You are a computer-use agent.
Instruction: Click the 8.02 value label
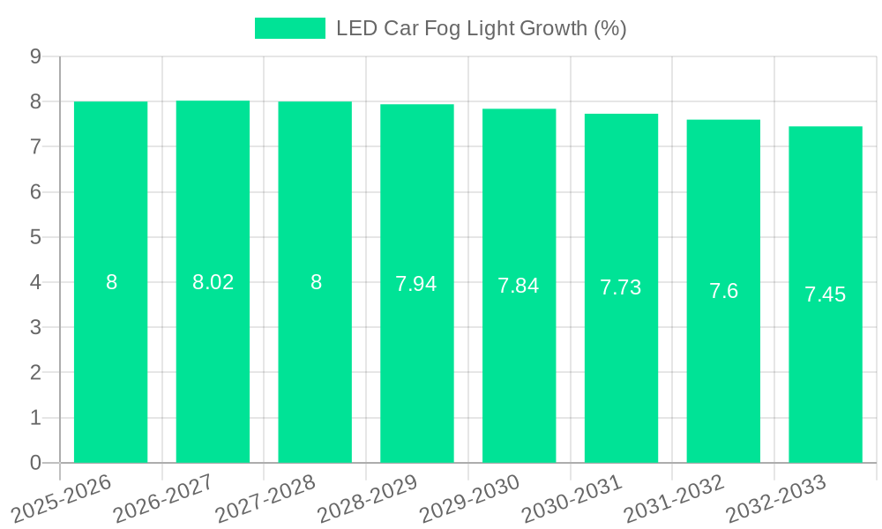(213, 282)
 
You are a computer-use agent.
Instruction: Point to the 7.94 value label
(416, 284)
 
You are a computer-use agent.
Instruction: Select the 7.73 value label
(621, 287)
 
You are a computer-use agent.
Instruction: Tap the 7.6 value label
(723, 291)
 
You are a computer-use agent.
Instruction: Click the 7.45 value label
(825, 294)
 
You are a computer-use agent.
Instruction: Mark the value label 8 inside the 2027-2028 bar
(315, 282)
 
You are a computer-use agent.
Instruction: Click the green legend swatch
(289, 28)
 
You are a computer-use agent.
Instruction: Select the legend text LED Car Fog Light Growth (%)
(481, 28)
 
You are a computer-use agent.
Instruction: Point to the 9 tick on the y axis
(35, 56)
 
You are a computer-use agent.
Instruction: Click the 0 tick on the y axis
(35, 463)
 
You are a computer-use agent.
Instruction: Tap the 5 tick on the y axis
(35, 237)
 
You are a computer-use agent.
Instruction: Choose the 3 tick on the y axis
(35, 327)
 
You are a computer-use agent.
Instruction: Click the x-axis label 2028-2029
(367, 498)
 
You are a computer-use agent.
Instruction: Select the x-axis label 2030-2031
(572, 498)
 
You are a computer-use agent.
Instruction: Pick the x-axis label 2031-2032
(674, 498)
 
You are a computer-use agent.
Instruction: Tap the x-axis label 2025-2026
(61, 498)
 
